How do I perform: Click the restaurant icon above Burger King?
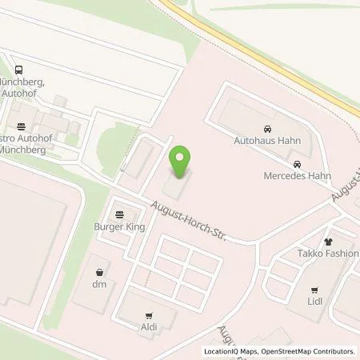coord(120,214)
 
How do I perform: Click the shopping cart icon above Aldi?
coord(148,316)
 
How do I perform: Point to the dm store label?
coord(99,285)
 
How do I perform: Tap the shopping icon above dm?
coord(99,272)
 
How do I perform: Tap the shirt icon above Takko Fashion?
coord(328,240)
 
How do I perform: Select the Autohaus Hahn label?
coord(267,140)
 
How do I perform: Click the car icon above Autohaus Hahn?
coord(267,127)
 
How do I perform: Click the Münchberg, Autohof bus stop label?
coord(22,88)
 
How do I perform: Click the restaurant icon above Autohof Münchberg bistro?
coord(20,126)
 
